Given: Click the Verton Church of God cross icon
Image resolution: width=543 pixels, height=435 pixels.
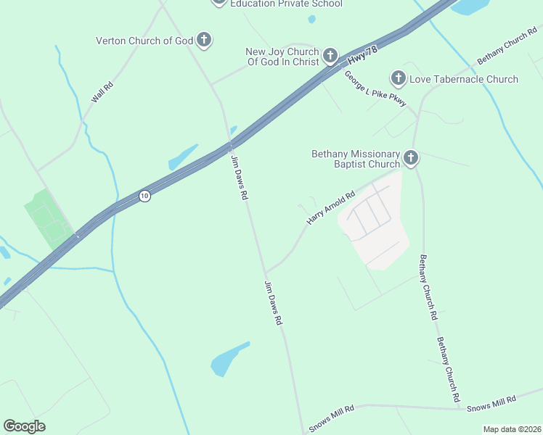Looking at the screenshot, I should [x=204, y=41].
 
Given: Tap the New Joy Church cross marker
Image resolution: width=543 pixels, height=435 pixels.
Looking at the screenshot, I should [x=330, y=56].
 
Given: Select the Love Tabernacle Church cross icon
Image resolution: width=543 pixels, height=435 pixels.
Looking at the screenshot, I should [x=398, y=78].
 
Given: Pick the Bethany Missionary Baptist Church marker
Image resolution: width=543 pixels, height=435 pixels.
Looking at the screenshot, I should [x=411, y=158].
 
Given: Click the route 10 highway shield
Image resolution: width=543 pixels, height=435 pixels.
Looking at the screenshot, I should [x=144, y=196].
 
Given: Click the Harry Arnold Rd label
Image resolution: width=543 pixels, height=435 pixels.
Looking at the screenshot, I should [x=330, y=207].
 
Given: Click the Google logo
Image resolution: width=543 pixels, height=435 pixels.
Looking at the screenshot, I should [x=24, y=426].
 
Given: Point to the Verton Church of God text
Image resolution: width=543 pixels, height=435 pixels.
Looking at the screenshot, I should [x=144, y=41].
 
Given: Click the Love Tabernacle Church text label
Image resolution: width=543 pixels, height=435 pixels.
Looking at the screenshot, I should [x=464, y=79].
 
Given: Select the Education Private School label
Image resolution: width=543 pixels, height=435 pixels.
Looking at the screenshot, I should [x=286, y=4].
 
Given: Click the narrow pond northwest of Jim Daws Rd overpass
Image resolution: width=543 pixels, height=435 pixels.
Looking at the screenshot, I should [x=182, y=157].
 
